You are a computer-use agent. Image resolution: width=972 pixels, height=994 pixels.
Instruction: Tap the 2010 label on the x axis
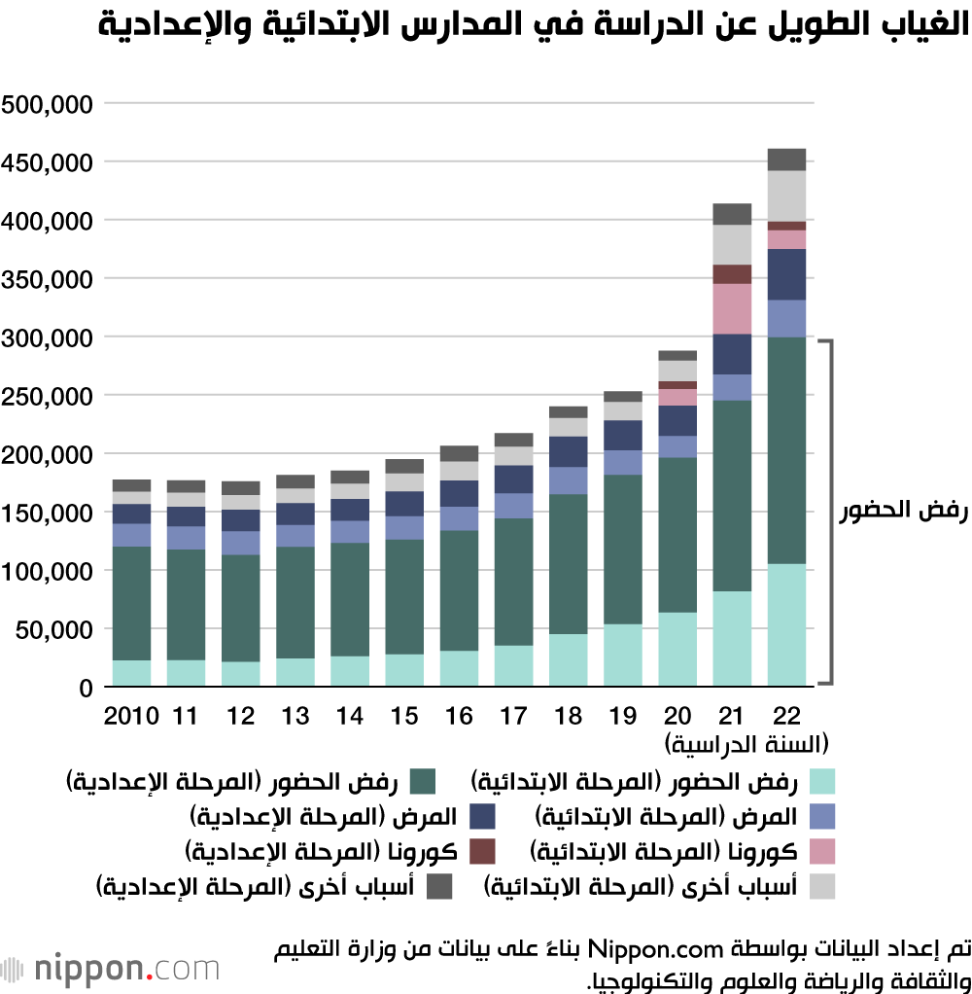pos(131,717)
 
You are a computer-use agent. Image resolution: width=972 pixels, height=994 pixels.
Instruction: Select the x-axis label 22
pos(786,717)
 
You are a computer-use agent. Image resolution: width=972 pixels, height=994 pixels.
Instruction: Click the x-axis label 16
pos(459,717)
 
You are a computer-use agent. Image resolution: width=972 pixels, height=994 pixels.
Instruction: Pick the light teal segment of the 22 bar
pos(786,625)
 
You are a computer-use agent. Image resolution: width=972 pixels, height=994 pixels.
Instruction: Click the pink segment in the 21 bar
pos(732,308)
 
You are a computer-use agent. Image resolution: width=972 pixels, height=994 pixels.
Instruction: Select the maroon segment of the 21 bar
pos(732,273)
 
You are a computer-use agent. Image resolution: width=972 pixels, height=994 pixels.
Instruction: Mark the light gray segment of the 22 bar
pos(786,195)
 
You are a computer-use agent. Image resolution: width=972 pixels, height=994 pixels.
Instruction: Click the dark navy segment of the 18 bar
pos(569,451)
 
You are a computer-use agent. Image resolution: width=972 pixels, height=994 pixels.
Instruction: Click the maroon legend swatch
pos(481,851)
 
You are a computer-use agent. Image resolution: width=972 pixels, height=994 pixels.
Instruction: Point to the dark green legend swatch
pos(422,781)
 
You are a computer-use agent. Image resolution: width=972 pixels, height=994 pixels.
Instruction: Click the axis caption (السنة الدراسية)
pos(746,746)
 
